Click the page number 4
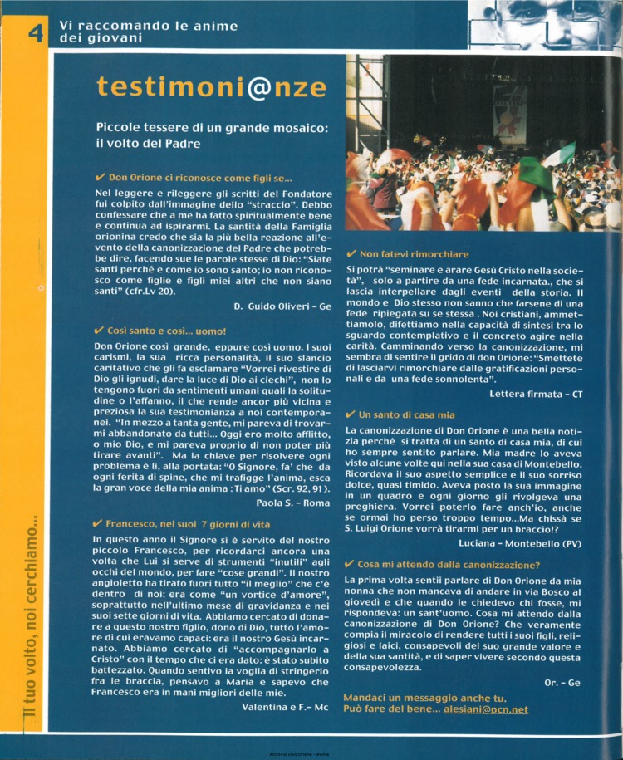click(x=34, y=34)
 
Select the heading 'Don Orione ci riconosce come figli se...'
click(x=199, y=177)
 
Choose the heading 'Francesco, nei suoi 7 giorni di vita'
click(x=194, y=524)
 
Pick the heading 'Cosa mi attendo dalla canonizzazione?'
click(x=449, y=564)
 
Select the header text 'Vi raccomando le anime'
click(x=136, y=25)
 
